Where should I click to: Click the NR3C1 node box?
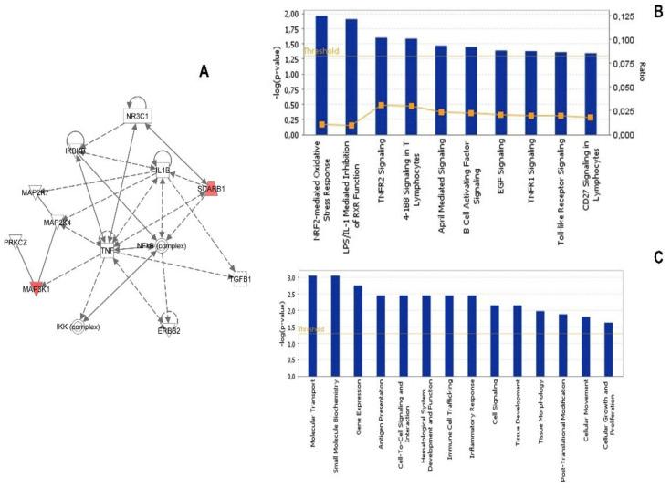[137, 116]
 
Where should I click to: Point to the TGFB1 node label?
[241, 278]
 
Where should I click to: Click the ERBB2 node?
[168, 329]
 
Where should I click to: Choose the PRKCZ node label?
[16, 242]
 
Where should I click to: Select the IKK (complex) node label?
[79, 326]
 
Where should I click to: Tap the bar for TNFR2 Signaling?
[382, 86]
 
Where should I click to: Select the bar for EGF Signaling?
[501, 92]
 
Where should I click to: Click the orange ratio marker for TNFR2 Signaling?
[382, 106]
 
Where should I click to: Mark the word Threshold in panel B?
[321, 51]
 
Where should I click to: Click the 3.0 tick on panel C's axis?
[292, 276]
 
